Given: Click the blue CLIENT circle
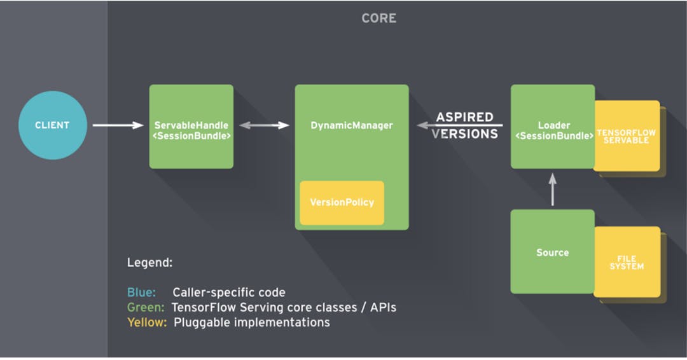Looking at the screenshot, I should (52, 125).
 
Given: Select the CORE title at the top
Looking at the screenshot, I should (379, 18).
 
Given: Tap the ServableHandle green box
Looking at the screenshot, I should (191, 127).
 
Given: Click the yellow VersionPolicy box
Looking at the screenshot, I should (342, 203).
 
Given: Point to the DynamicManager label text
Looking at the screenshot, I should (352, 126).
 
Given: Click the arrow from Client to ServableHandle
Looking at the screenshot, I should (118, 125).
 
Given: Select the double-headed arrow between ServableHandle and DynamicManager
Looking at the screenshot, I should (264, 126).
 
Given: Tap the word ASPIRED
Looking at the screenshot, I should (464, 118).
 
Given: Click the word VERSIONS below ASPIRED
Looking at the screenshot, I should (464, 134).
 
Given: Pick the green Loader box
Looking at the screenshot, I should (552, 127).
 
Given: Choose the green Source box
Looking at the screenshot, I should (552, 252).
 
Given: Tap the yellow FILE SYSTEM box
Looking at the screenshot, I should (627, 262).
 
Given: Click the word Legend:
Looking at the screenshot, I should (150, 263).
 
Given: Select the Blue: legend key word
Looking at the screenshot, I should (141, 293).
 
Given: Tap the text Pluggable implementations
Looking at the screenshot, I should (251, 322).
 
